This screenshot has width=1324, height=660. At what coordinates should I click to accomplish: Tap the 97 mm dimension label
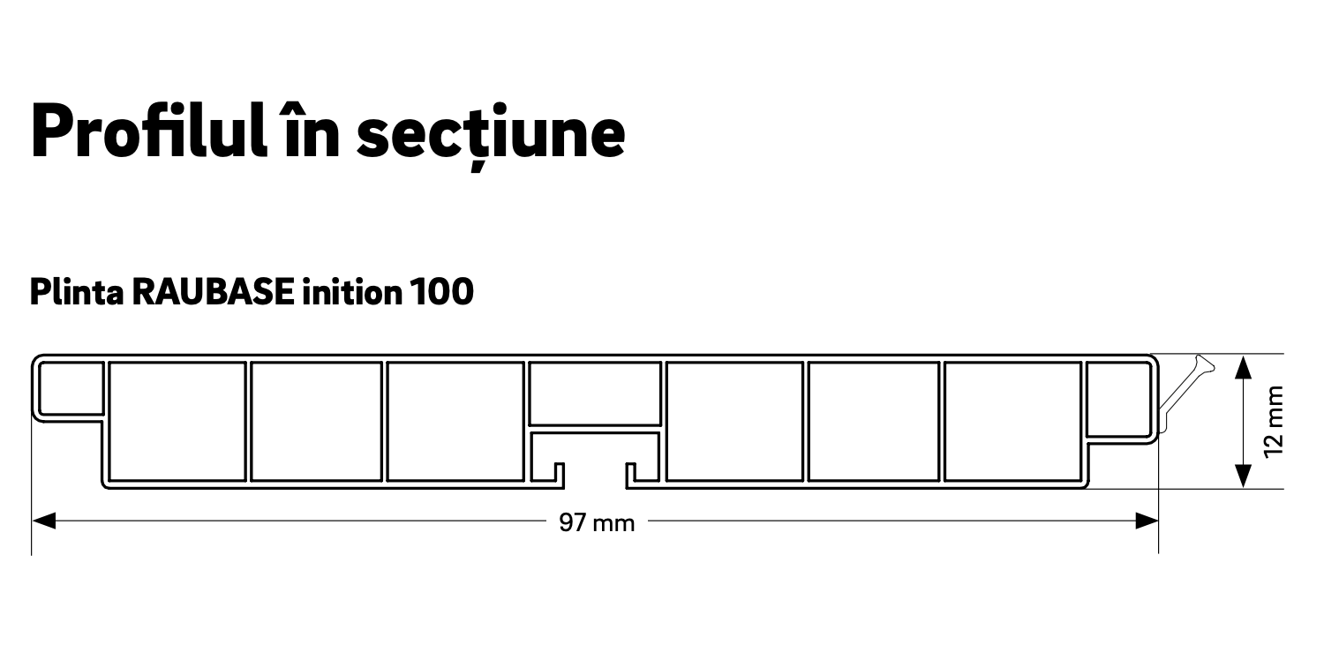(x=597, y=523)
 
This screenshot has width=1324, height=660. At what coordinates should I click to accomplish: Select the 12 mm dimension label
(x=1273, y=422)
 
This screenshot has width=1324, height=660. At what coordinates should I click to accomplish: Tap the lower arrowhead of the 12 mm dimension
(x=1243, y=476)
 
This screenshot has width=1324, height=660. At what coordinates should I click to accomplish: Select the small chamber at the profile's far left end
(x=70, y=385)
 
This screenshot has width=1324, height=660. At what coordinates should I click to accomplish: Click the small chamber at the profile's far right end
(x=1119, y=398)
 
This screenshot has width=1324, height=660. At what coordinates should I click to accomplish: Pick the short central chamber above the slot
(x=595, y=393)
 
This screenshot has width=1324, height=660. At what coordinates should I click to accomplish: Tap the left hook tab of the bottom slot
(x=559, y=474)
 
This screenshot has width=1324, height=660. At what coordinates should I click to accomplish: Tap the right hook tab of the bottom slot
(x=631, y=474)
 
